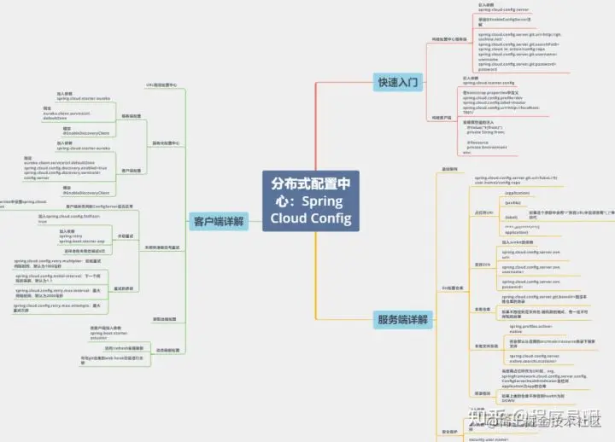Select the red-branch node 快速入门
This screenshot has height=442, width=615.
398,82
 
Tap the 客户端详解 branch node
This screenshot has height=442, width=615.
217,221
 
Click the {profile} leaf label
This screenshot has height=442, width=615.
512,203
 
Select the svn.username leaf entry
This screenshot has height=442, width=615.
524,269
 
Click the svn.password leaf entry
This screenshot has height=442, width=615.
524,284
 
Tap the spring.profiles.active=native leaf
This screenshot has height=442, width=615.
527,329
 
